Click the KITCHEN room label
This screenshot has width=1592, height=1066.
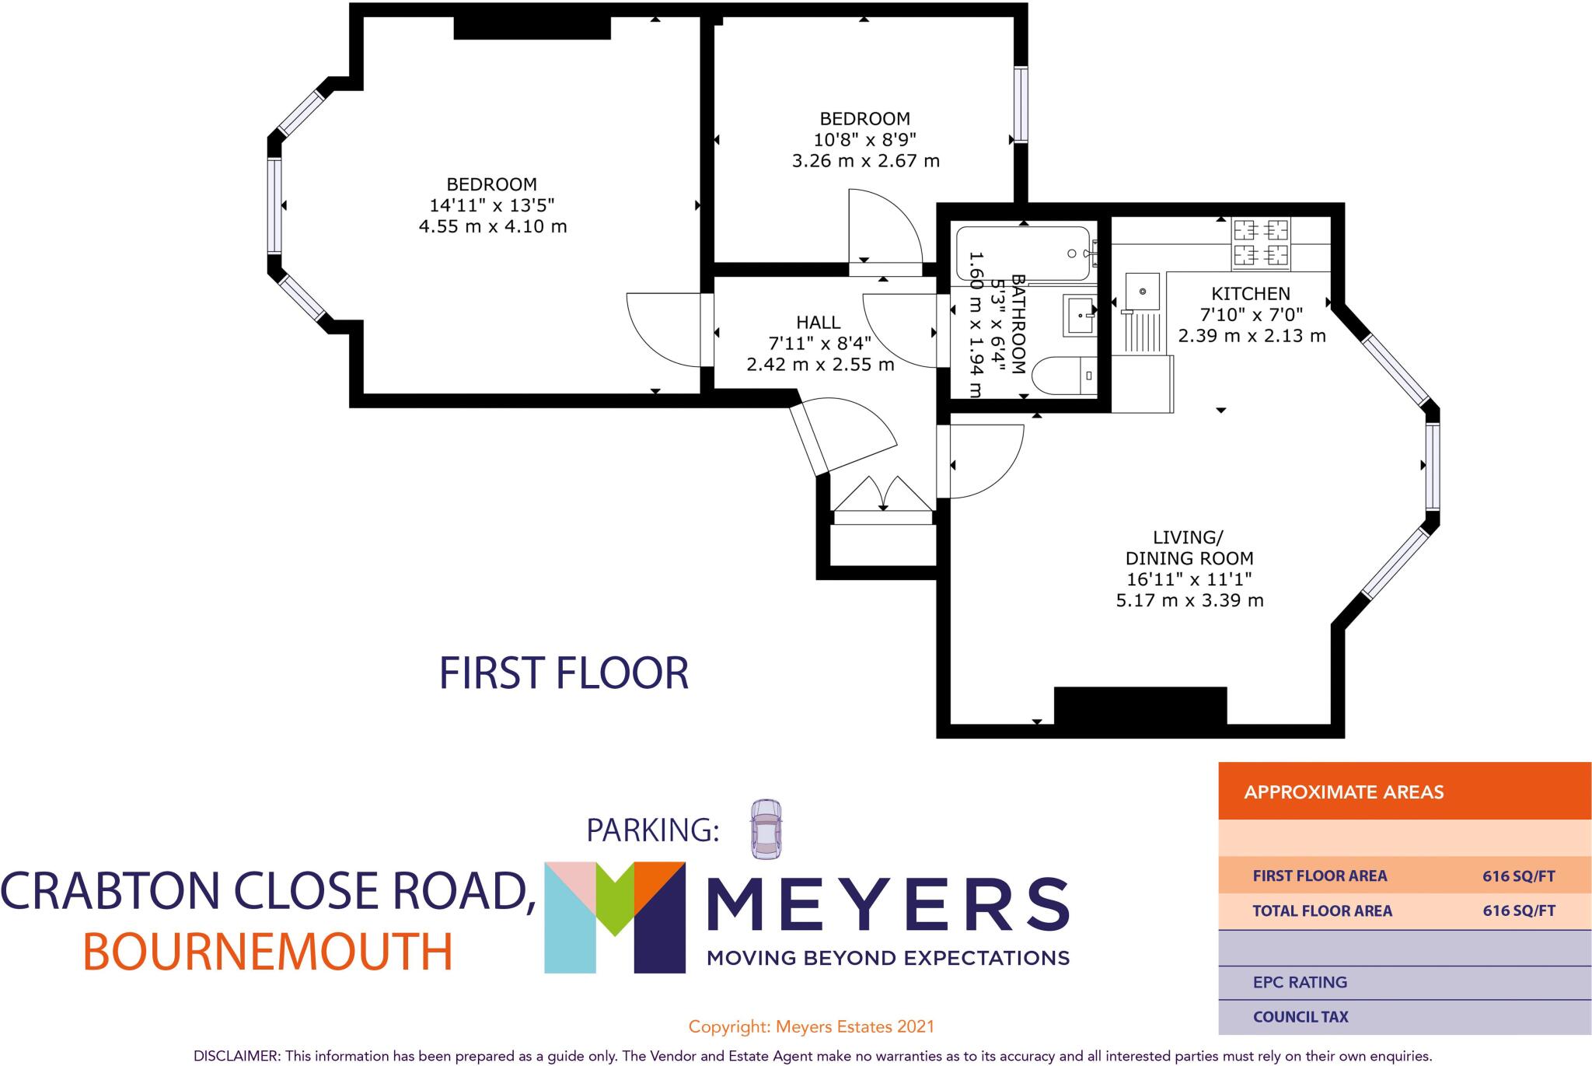[1250, 294]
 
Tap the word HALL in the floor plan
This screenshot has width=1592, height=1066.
[818, 322]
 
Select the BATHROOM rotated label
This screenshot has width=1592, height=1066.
[1018, 325]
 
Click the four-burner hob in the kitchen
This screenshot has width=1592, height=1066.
[1260, 242]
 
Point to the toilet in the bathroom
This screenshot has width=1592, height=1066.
[1066, 377]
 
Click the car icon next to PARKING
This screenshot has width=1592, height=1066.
[766, 829]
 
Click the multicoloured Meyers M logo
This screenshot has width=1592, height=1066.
[614, 917]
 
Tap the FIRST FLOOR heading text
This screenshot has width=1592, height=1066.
[564, 673]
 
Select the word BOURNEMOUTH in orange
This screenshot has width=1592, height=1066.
[267, 952]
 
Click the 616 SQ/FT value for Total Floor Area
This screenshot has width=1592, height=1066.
[1518, 910]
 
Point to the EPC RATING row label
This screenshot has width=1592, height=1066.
[1300, 982]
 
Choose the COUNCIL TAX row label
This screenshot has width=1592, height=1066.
[1300, 1016]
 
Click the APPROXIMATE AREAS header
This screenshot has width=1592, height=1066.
[1343, 792]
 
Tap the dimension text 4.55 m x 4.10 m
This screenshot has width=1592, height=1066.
[493, 227]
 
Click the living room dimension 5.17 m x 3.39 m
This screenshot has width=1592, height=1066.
[1189, 600]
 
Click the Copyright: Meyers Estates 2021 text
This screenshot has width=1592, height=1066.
[811, 1026]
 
